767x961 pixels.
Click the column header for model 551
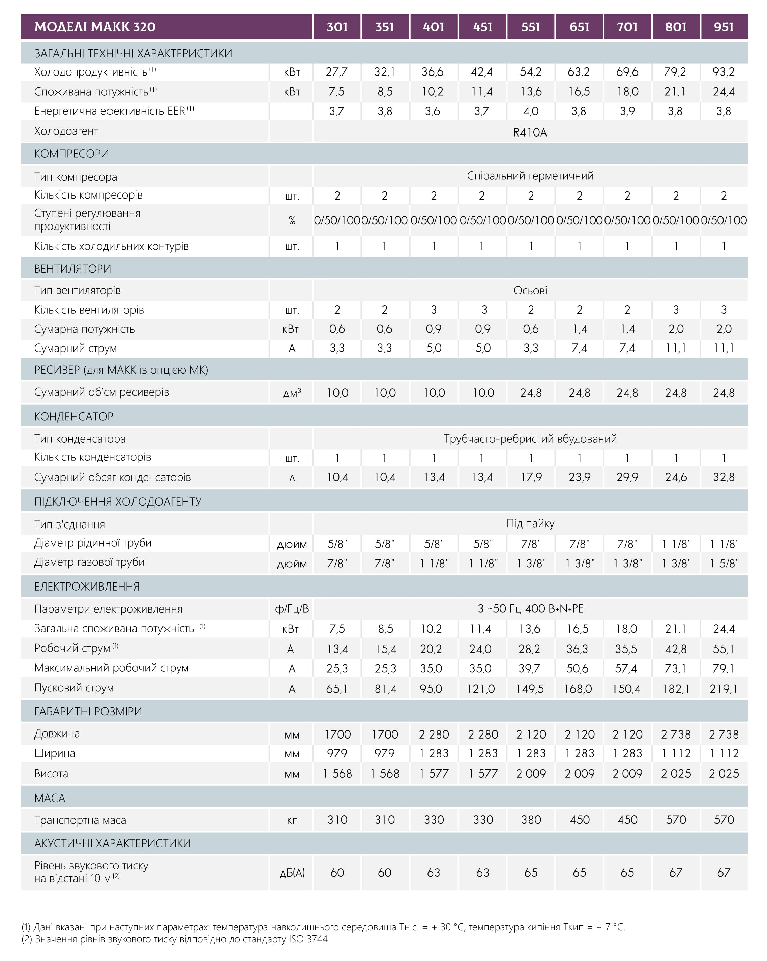coord(531,27)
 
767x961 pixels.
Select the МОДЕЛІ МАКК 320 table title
coord(95,27)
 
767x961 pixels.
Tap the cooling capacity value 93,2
coord(723,72)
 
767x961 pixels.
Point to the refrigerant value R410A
coord(530,132)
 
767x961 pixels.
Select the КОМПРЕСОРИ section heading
coord(71,154)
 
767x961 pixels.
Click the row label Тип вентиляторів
coord(78,290)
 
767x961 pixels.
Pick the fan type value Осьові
coord(530,291)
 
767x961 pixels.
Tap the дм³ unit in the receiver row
coord(292,393)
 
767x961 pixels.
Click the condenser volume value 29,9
coord(627,477)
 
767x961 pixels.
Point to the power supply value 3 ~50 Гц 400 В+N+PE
coord(530,609)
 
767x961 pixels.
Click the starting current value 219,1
coord(723,689)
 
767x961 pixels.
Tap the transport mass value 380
coord(531,820)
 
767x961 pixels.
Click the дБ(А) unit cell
coord(292,873)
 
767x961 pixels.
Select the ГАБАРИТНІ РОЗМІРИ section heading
coord(88,711)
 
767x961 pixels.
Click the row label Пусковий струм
coord(74,688)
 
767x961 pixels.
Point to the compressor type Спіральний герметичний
coord(530,176)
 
